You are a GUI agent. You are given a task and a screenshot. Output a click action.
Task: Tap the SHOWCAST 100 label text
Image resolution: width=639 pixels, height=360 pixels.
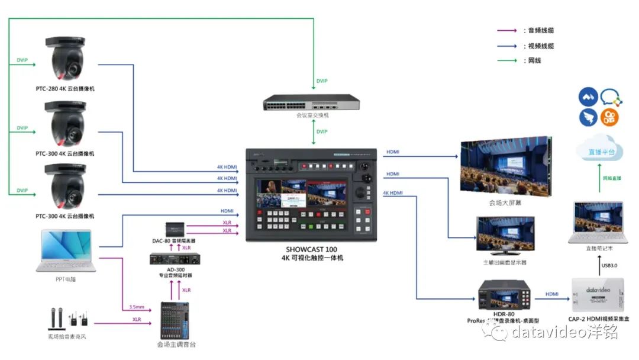(312, 250)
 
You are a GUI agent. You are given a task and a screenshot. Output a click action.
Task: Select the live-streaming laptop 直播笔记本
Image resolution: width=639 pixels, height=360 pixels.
(598, 223)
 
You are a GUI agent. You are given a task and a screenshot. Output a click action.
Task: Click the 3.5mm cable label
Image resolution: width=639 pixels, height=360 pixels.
(137, 307)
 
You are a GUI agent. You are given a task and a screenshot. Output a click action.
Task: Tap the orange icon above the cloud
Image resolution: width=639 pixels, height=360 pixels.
(609, 117)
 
